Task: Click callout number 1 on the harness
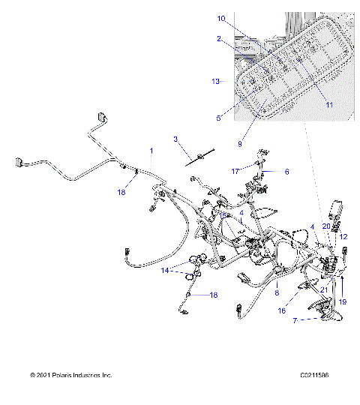tap(151, 151)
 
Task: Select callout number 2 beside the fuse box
tap(218, 38)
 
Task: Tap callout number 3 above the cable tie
tap(175, 139)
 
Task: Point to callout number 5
tap(218, 117)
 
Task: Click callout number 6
tap(286, 171)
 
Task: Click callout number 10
tap(220, 18)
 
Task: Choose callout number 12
tap(343, 236)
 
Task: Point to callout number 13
tap(215, 80)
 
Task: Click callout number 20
tap(325, 225)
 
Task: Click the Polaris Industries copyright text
tap(70, 395)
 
